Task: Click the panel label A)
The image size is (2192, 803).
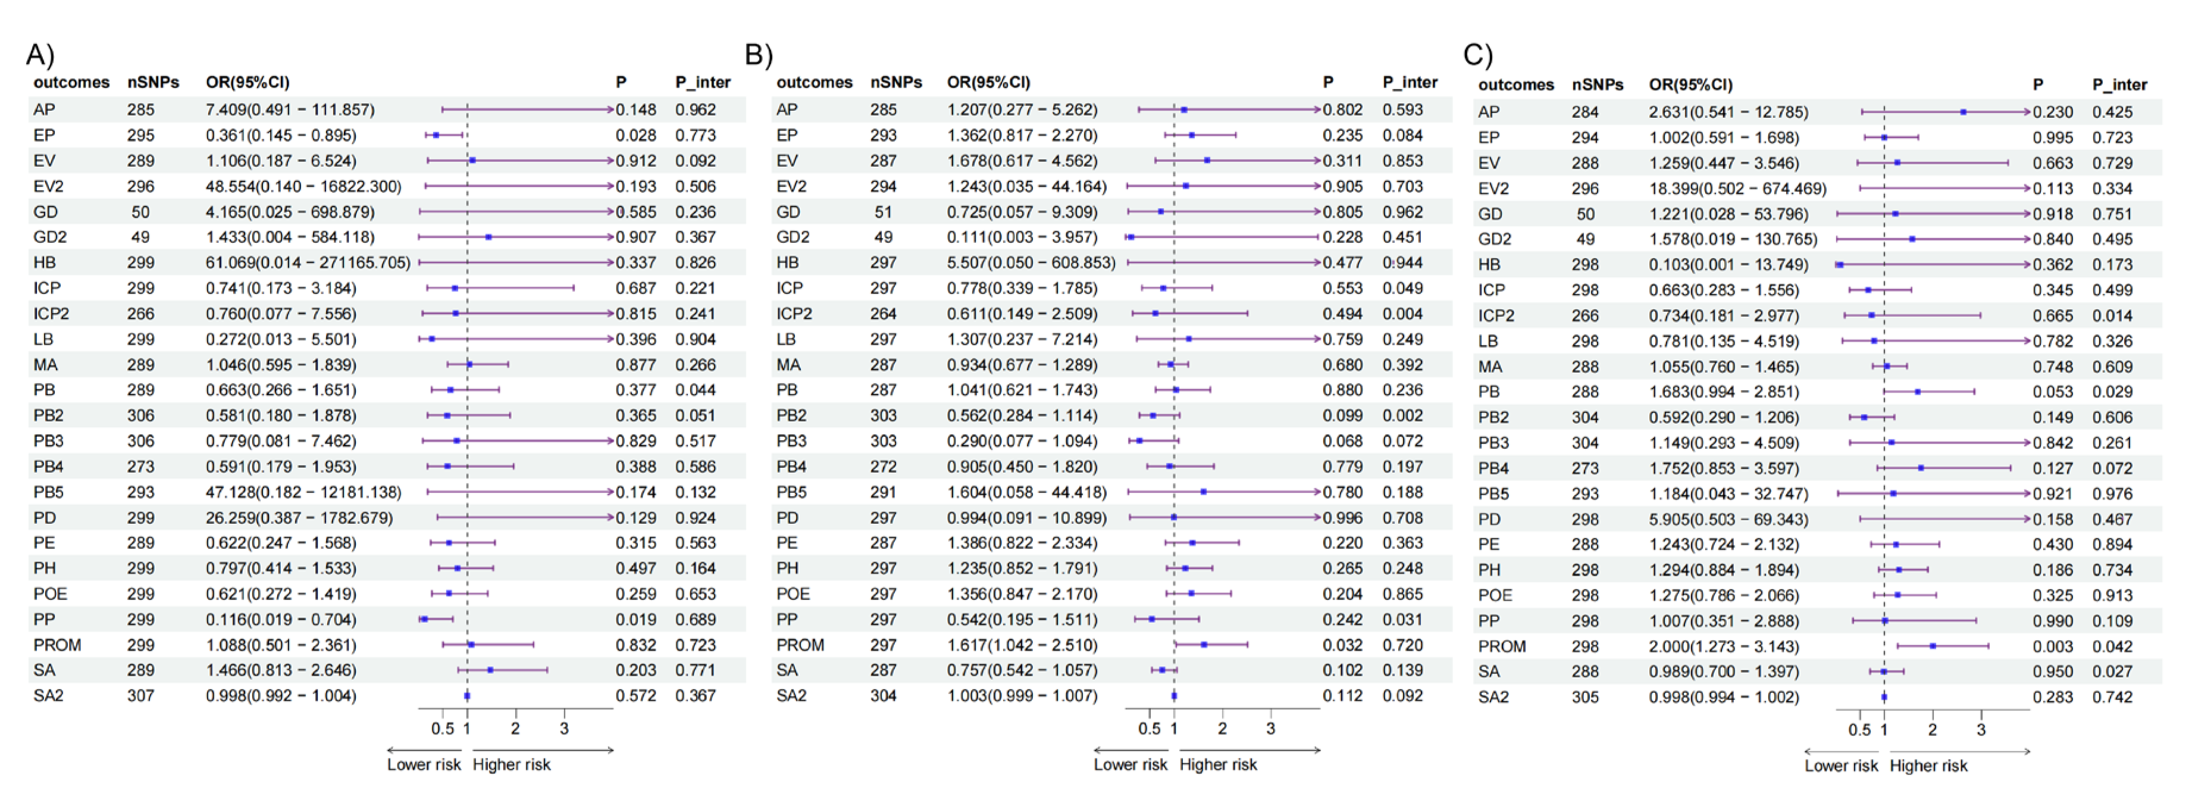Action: [x=40, y=55]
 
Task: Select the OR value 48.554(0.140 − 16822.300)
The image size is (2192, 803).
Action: [x=303, y=186]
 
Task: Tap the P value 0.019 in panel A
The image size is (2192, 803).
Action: [x=635, y=619]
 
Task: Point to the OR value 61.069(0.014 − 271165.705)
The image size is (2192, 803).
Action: [x=307, y=263]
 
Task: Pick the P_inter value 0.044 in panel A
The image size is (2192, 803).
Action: [x=694, y=390]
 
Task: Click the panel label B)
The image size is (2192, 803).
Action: [x=758, y=55]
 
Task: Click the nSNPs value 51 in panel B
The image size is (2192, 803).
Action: [x=882, y=211]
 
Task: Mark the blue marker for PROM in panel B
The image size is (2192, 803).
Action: [x=1203, y=645]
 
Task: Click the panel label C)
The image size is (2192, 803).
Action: [x=1477, y=55]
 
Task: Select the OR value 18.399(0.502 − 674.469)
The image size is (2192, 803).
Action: [x=1737, y=188]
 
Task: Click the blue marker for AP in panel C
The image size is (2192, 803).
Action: [x=1963, y=111]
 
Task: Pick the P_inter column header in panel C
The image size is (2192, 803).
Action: [x=2119, y=85]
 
